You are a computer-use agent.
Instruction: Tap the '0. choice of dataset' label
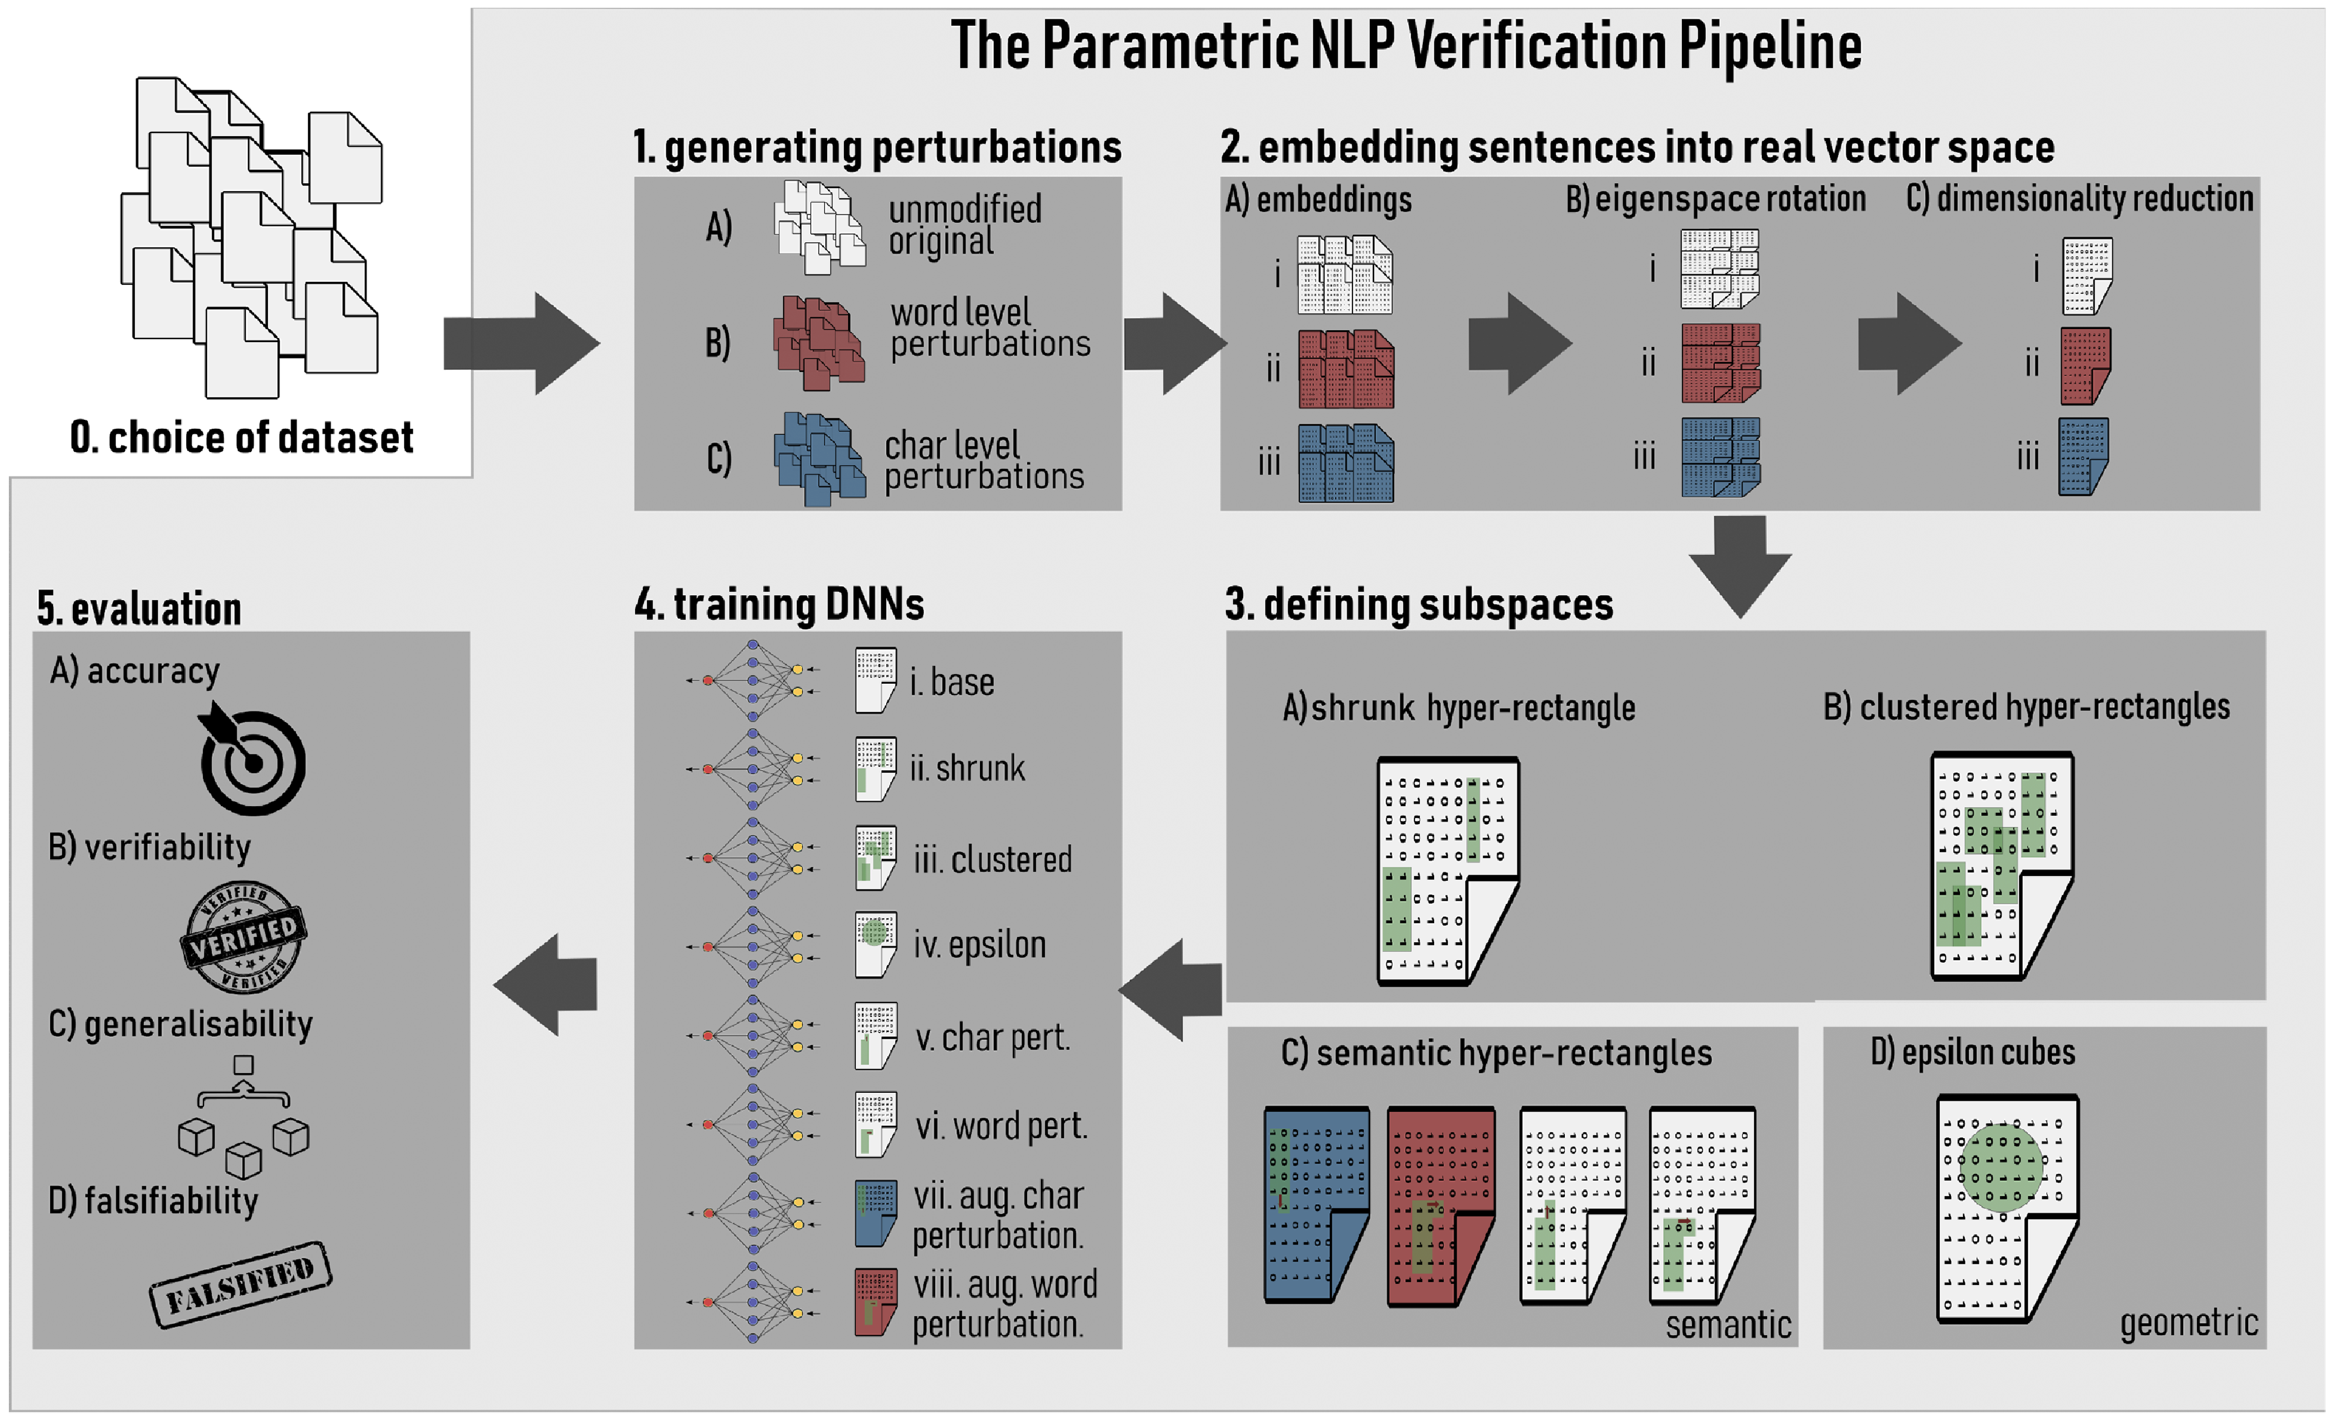(242, 437)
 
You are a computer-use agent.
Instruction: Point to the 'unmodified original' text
(964, 225)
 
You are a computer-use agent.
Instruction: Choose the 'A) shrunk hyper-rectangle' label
(1458, 708)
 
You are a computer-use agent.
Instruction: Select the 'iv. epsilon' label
(979, 945)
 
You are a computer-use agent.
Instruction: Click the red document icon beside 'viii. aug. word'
(875, 1303)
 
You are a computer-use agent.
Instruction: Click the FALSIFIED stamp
(240, 1284)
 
